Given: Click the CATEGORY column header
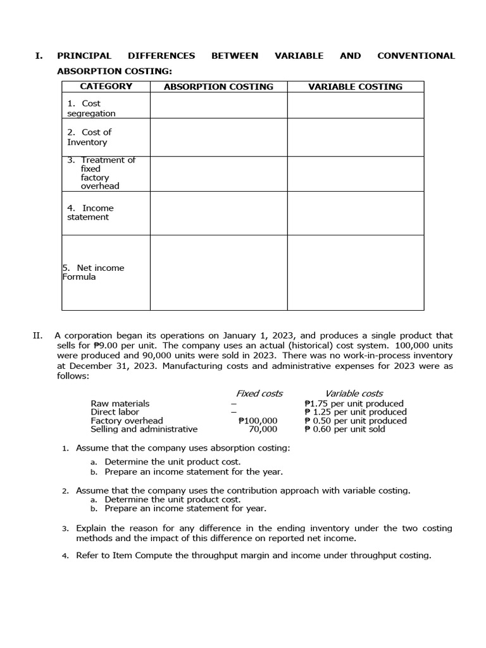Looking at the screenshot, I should pos(106,87).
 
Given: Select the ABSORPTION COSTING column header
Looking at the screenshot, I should pos(218,87).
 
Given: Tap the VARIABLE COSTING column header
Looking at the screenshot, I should pos(355,87).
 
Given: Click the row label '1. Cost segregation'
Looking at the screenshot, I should pos(91,108).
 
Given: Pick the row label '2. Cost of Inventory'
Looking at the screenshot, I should pos(89,137).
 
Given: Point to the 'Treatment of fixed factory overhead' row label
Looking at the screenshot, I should pos(101,173).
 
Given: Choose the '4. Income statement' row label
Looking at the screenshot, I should pos(90,213).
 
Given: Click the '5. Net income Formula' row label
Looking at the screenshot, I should pos(93,272).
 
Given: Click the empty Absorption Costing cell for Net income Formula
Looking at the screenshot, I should pos(218,272).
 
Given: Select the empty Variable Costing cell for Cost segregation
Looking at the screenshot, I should pos(355,105).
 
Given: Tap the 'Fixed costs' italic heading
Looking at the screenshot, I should pos(259,394).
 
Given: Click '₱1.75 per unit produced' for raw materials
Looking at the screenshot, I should pos(354,403).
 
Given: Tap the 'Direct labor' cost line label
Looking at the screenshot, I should pos(115,412).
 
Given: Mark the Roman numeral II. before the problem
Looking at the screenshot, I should pos(38,335).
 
